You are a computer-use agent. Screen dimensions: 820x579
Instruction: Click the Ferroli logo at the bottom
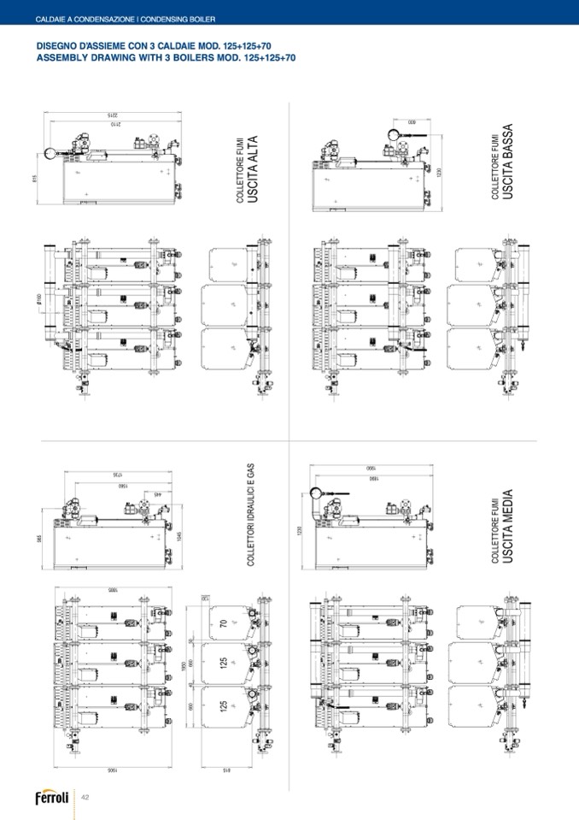(50, 799)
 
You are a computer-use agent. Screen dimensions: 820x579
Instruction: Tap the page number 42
(85, 798)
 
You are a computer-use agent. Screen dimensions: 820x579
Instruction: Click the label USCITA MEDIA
(507, 528)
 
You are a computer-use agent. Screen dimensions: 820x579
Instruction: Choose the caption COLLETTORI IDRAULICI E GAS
(251, 515)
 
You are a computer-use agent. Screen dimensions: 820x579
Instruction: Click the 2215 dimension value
(111, 114)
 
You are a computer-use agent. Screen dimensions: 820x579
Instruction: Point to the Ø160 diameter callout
(39, 303)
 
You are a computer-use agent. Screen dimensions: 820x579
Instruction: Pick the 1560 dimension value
(123, 485)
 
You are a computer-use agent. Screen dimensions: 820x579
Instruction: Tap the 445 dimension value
(157, 494)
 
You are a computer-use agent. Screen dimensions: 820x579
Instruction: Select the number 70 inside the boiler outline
(223, 624)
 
